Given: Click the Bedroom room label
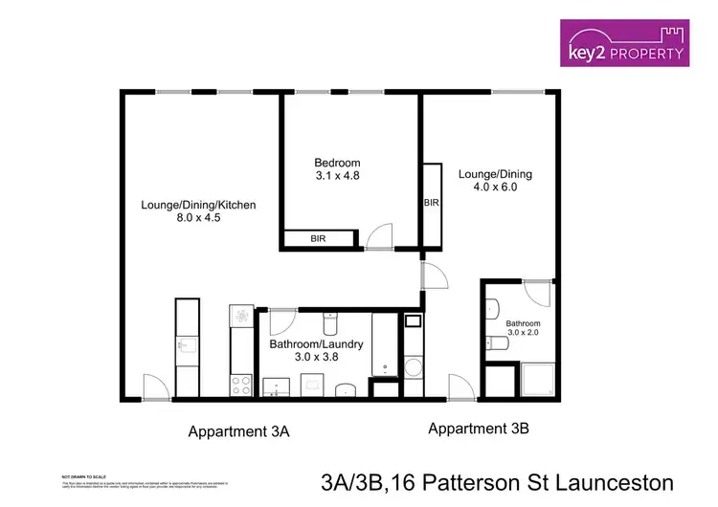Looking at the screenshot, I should click(338, 163).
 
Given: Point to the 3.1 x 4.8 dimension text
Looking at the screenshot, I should click(338, 176).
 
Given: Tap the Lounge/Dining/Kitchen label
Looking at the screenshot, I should click(198, 205).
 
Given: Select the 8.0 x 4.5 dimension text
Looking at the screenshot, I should click(198, 218).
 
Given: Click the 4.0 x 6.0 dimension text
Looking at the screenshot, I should click(495, 187).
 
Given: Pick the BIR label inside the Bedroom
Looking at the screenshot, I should click(318, 238).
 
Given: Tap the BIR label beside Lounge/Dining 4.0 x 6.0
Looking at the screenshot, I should click(430, 203).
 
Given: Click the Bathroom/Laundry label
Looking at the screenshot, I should click(316, 343).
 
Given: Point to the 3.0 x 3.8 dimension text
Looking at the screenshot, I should click(316, 357).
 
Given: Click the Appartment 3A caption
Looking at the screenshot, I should click(238, 431).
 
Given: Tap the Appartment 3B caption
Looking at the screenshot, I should click(479, 428).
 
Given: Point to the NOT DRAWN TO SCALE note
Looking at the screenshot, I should click(84, 475).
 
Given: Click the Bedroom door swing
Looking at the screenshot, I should click(381, 236).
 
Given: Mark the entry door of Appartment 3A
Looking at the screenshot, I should click(153, 387).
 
